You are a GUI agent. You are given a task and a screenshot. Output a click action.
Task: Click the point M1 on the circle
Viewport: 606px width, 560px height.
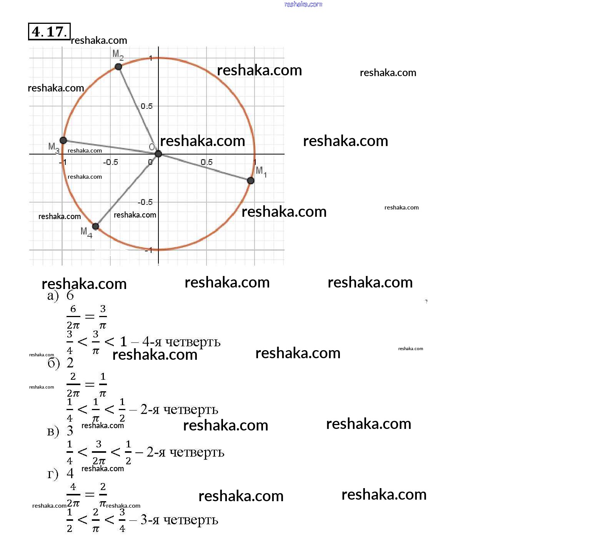[x=250, y=180]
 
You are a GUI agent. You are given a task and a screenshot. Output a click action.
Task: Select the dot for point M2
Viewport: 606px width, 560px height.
[x=118, y=67]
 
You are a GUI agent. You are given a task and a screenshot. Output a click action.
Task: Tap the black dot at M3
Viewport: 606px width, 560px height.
[x=63, y=140]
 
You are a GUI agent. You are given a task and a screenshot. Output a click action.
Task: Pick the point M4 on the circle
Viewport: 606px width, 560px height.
[x=96, y=226]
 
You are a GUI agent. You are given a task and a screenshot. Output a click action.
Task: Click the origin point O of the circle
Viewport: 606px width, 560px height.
[x=158, y=154]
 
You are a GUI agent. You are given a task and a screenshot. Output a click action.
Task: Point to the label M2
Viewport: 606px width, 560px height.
[x=118, y=55]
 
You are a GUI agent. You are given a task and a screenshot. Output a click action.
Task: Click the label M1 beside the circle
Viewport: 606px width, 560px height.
[x=261, y=171]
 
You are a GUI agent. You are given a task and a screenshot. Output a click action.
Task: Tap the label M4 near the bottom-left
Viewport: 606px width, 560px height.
[x=86, y=232]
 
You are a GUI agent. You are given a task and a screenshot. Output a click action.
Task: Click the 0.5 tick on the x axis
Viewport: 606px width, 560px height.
[x=206, y=162]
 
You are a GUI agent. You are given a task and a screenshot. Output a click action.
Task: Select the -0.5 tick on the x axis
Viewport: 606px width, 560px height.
[x=110, y=162]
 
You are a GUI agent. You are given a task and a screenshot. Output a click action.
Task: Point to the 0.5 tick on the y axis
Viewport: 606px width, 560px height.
[x=147, y=106]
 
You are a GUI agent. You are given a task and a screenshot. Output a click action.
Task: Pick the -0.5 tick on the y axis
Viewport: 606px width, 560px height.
[x=145, y=202]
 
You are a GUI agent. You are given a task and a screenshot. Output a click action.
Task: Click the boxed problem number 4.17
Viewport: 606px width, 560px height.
[x=49, y=32]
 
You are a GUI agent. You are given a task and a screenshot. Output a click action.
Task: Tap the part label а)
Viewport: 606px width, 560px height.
[x=53, y=296]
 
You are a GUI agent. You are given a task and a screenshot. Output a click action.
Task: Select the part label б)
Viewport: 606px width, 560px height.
[x=53, y=363]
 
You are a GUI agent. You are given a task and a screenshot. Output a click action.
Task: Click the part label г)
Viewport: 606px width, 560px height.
[x=53, y=474]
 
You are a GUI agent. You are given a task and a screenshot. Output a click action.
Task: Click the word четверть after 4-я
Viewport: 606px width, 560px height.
[x=193, y=342]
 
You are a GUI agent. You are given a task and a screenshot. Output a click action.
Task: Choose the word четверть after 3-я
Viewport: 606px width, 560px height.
[x=191, y=520]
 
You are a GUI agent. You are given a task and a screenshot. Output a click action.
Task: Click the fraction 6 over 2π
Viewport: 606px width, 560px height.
[x=73, y=317]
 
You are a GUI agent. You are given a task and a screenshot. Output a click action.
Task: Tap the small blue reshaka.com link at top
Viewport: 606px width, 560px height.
[x=303, y=4]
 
